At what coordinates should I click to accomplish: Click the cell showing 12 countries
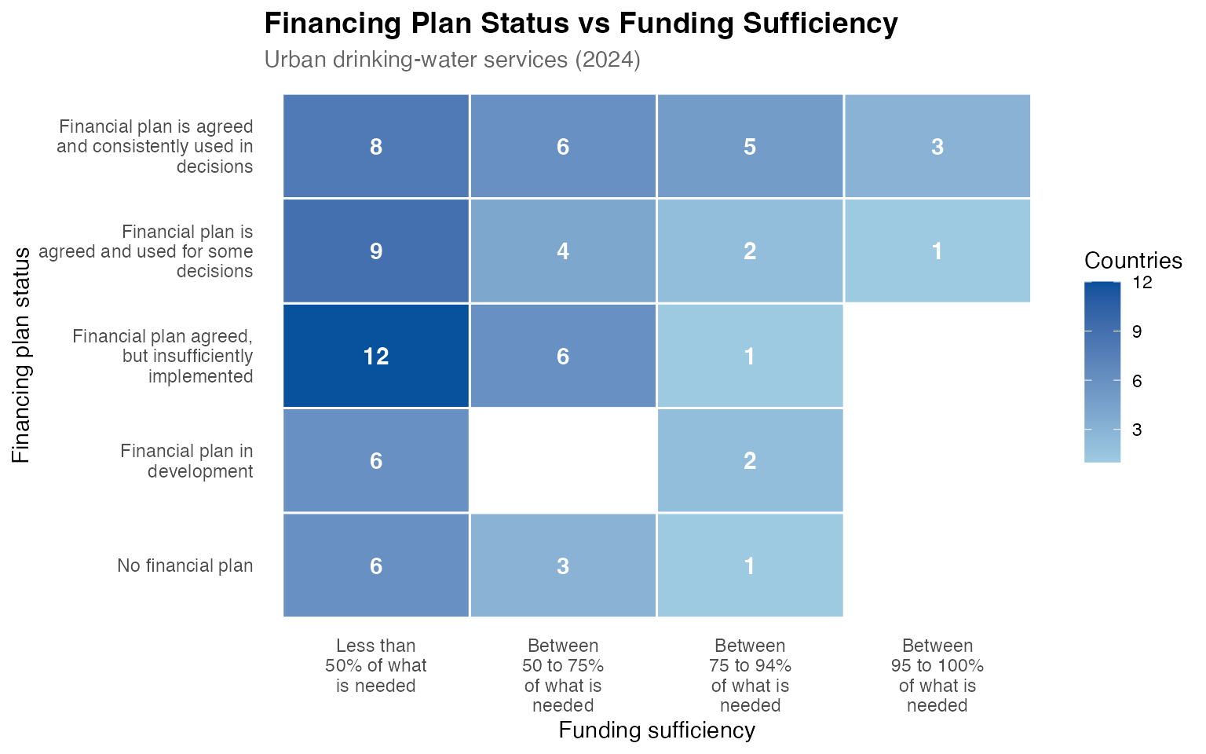pos(376,356)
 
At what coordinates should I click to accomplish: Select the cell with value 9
pos(376,251)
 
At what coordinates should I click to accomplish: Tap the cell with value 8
pos(376,147)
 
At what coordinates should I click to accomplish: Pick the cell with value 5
pos(750,147)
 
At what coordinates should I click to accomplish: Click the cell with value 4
pos(563,251)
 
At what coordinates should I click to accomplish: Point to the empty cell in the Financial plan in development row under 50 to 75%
pos(563,460)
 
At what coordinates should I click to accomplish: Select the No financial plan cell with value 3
pos(563,565)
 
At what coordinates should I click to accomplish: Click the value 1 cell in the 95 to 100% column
pos(937,251)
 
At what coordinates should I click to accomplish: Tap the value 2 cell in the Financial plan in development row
pos(750,460)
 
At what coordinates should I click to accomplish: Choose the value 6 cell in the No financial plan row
pos(376,565)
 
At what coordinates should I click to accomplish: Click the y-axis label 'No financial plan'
pos(185,565)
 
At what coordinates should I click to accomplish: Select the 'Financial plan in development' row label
pos(187,461)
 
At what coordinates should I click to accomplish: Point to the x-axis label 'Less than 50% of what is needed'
pos(376,666)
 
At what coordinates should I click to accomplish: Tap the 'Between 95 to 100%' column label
pos(937,675)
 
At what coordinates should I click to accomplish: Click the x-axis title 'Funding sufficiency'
pos(656,730)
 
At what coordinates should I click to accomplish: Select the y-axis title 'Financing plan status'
pos(21,355)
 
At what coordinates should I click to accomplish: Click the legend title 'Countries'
pos(1133,261)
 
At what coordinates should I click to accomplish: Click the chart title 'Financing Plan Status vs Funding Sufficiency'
pos(580,24)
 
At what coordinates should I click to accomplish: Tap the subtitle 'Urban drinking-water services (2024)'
pos(452,60)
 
